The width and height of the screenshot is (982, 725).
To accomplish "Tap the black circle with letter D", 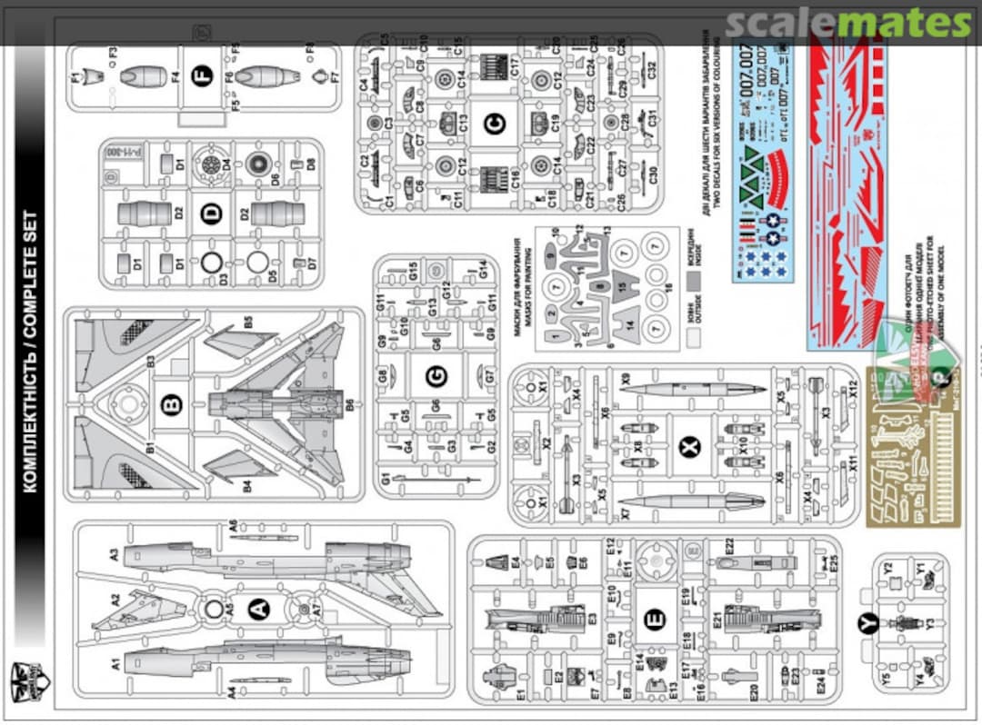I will coord(211,214).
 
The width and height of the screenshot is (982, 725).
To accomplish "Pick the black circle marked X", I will coord(690,443).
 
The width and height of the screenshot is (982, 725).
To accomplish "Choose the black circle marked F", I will coord(203,76).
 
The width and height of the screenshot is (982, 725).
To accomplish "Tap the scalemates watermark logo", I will coord(849,23).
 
